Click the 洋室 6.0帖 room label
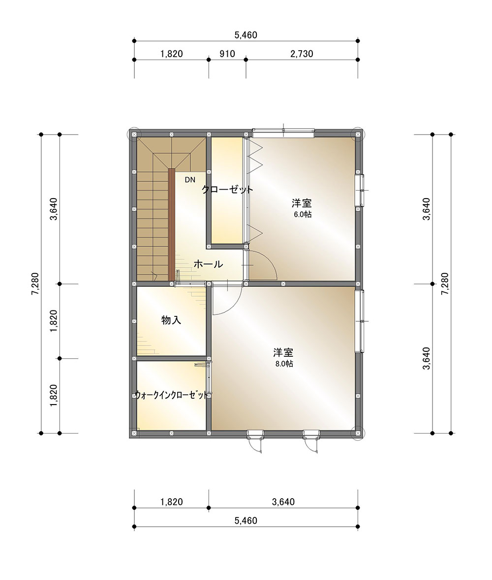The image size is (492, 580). coord(302,208)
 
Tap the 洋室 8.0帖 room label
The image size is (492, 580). coord(284,357)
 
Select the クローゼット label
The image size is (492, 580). coord(227,190)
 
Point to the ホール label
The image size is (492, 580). coord(208,264)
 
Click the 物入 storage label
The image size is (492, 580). coord(171,320)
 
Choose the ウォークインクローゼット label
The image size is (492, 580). coord(171,395)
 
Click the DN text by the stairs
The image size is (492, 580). coord(190,180)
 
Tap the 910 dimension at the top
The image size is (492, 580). coord(227,54)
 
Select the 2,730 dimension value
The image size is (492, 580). coord(302,54)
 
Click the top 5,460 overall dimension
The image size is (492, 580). coord(246,35)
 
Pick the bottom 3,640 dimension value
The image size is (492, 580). coord(283,502)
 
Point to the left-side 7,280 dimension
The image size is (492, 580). coord(35,284)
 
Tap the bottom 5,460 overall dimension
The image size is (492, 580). coord(246,521)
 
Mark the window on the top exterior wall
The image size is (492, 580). coord(284,133)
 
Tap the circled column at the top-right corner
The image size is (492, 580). coord(358,134)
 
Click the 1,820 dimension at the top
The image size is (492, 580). coord(171,54)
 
